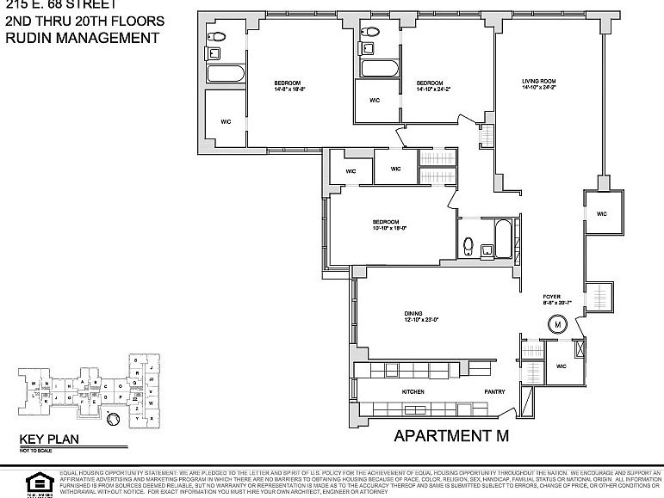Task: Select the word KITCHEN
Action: (414, 391)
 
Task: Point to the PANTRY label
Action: (493, 391)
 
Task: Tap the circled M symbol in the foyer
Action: (558, 325)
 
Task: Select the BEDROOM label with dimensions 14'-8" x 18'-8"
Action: (288, 83)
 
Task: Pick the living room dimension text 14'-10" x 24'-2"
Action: (538, 89)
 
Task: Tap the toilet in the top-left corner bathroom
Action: (216, 36)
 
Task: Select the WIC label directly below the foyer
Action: (561, 366)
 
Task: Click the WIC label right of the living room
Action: (602, 213)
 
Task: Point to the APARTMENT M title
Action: (451, 435)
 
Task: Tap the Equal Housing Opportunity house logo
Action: (35, 480)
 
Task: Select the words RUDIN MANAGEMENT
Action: (82, 38)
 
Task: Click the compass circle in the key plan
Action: (112, 420)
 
